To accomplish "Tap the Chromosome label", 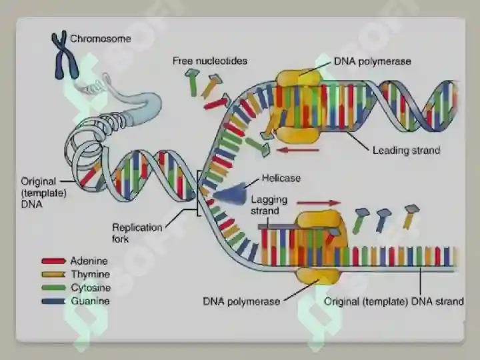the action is coord(101,39).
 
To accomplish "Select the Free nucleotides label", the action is coord(210,61).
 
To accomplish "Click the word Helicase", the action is coord(281,178).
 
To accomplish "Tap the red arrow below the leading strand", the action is coord(297,150).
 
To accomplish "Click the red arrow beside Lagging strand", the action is coord(319,203).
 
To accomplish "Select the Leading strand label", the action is coord(406,150).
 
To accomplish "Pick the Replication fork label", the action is coord(137,233).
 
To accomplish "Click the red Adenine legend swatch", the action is coord(53,261).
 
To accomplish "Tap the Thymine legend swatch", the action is coord(53,274).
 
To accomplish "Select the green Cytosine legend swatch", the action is coord(53,288).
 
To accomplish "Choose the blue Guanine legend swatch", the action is coord(53,301).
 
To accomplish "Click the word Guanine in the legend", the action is coord(90,301).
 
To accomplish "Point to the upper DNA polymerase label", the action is coord(372,61).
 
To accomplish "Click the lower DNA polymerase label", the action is coord(241,301).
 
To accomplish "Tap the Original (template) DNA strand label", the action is coord(394,301).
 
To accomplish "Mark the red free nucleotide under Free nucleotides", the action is coord(217,103).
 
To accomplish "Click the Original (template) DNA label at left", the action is coord(44,193).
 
